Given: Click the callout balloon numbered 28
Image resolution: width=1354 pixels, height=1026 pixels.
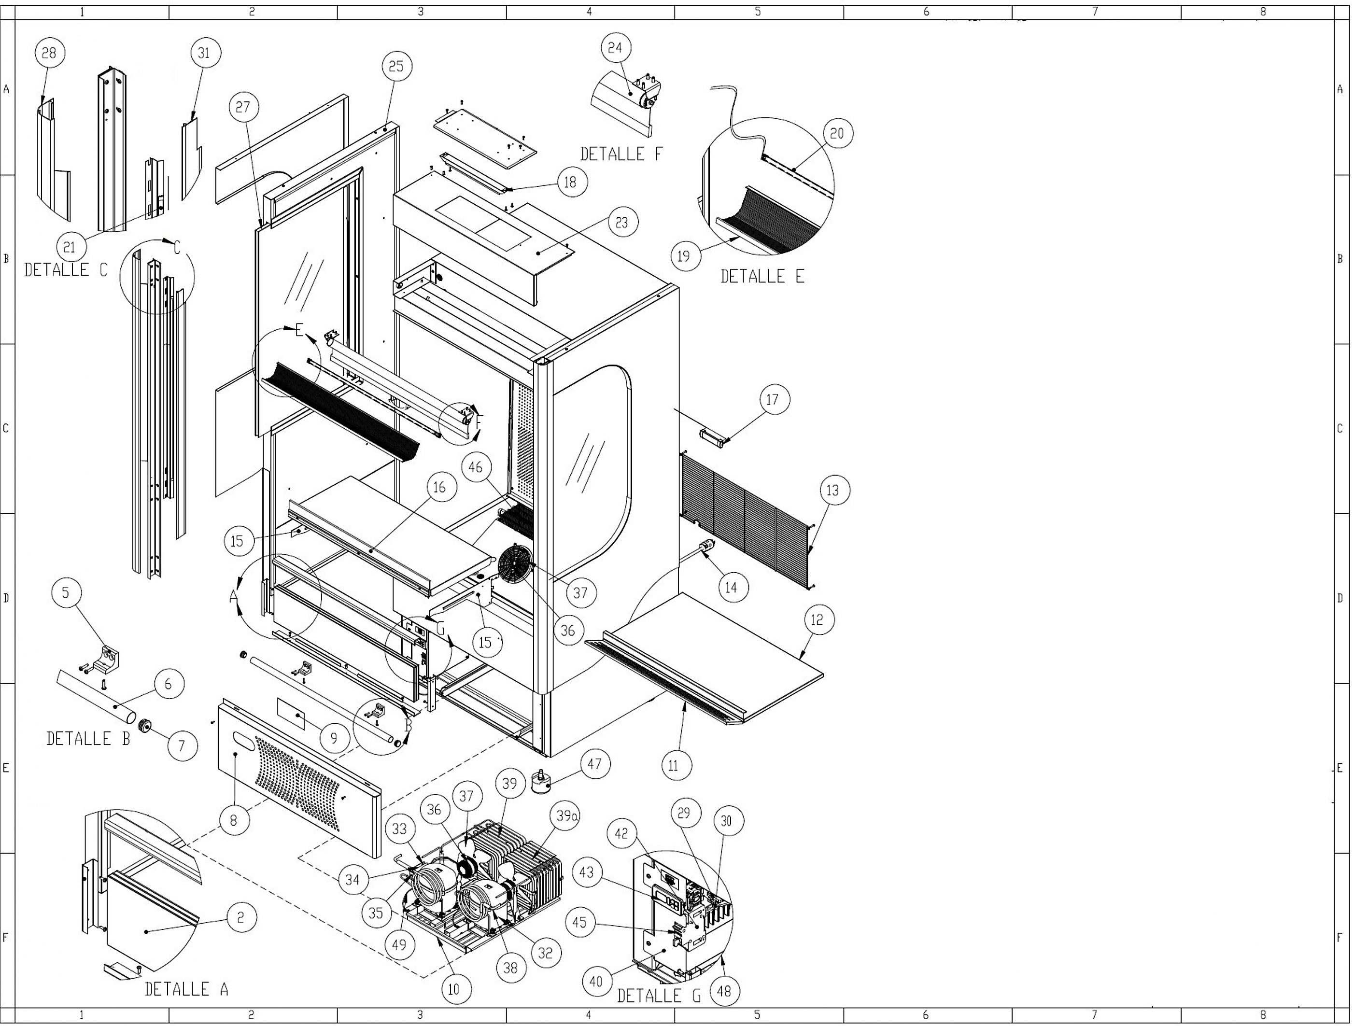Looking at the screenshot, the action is (x=49, y=53).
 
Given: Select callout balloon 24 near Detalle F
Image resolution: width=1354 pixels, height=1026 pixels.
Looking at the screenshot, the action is (x=615, y=48).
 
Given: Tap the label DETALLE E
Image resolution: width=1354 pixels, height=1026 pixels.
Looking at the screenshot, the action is (x=762, y=276).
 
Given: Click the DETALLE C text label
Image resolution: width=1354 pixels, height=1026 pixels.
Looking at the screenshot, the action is (x=66, y=269).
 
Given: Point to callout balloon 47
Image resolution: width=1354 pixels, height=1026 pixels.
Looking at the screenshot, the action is (x=594, y=764).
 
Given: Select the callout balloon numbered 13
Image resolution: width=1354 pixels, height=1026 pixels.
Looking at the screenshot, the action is (x=832, y=491).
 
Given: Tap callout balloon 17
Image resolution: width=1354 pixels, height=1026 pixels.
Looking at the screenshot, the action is (x=773, y=400).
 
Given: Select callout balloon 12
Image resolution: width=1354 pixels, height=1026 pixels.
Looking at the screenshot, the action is (x=817, y=620).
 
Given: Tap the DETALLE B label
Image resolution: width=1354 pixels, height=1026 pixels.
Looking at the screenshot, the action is (x=88, y=739).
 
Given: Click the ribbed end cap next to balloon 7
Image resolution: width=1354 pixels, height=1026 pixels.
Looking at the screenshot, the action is (x=145, y=726).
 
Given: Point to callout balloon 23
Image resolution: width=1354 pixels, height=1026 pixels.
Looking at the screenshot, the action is (x=621, y=222).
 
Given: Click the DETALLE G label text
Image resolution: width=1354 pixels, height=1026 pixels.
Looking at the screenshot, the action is (x=659, y=996).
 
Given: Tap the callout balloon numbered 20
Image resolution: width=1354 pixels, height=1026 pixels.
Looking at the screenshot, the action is (x=837, y=133).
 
